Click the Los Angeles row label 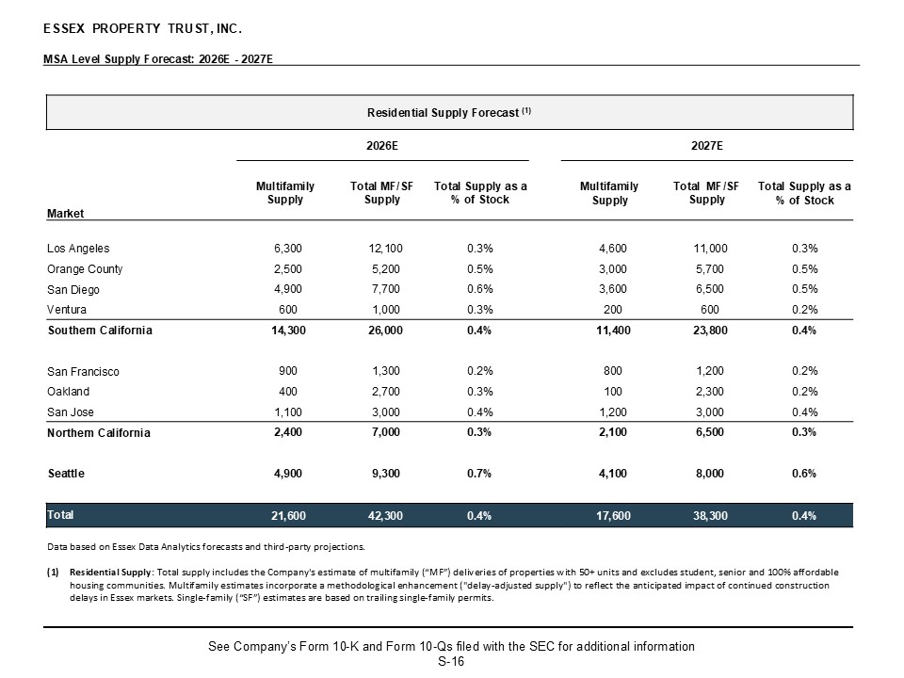[78, 249]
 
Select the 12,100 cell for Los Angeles [386, 249]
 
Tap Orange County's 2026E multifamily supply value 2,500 [288, 269]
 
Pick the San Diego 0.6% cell [479, 289]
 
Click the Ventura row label [67, 310]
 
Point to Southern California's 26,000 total [386, 331]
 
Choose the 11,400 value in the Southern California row [613, 331]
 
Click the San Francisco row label [83, 372]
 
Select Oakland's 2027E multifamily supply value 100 [613, 392]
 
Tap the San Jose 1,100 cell [288, 412]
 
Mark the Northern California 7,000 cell [386, 432]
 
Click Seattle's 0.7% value [479, 474]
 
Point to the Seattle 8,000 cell [710, 474]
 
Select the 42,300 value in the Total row [386, 515]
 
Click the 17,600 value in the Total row [613, 515]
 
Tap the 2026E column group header [382, 146]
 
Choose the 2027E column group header [707, 146]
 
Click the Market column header [65, 214]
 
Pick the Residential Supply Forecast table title [449, 112]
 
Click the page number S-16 [451, 662]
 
